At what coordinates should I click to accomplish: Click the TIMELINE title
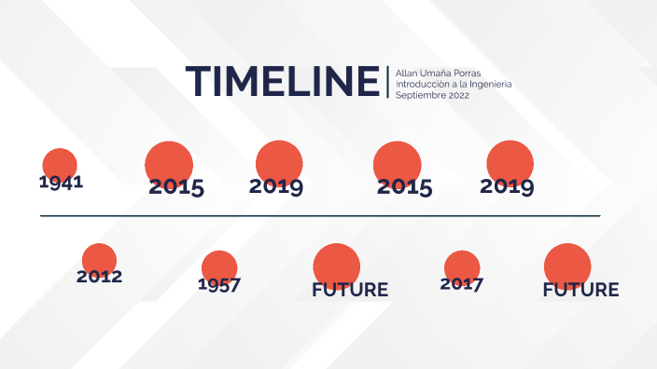pyautogui.click(x=283, y=81)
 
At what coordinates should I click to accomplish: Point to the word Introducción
pyautogui.click(x=424, y=84)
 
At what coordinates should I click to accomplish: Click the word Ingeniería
pyautogui.click(x=487, y=84)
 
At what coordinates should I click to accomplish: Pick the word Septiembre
pyautogui.click(x=419, y=95)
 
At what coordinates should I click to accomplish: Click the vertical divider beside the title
pyautogui.click(x=387, y=82)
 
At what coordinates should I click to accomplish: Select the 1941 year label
pyautogui.click(x=62, y=182)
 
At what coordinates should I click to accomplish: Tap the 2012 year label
pyautogui.click(x=100, y=277)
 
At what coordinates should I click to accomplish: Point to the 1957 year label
pyautogui.click(x=219, y=284)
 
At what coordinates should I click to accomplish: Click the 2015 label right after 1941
pyautogui.click(x=176, y=187)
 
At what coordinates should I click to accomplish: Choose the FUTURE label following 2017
pyautogui.click(x=580, y=290)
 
